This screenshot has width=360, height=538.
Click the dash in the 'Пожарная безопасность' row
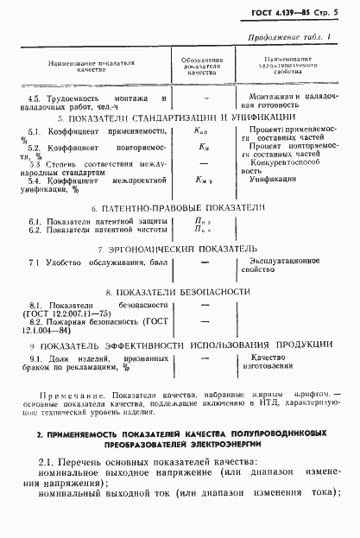(202, 320)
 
